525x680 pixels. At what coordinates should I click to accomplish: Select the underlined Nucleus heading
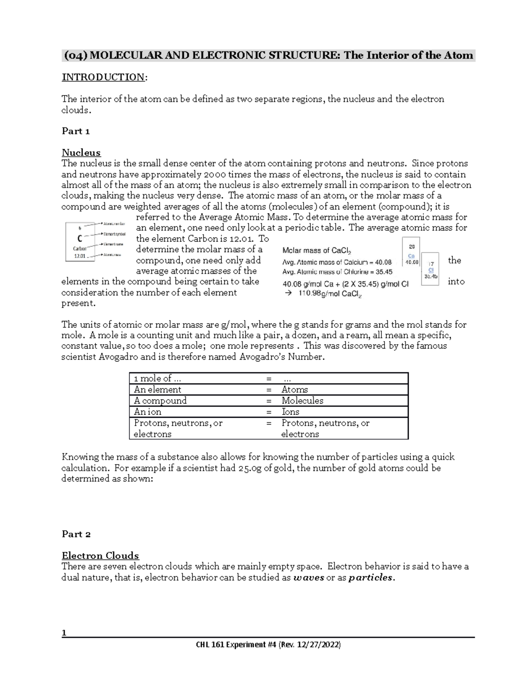pyautogui.click(x=81, y=153)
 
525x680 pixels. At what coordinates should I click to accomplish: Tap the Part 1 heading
pyautogui.click(x=76, y=131)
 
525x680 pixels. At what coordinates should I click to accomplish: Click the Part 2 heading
pyautogui.click(x=76, y=534)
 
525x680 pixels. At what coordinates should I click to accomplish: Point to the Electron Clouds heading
pyautogui.click(x=100, y=556)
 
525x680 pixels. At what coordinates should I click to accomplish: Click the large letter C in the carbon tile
pyautogui.click(x=79, y=239)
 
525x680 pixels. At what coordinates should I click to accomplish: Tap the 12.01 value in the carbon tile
pyautogui.click(x=80, y=256)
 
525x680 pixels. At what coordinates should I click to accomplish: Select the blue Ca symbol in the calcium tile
pyautogui.click(x=411, y=256)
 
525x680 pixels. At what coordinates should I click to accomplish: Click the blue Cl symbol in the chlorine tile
pyautogui.click(x=431, y=270)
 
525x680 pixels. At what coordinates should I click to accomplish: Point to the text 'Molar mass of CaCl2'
pyautogui.click(x=317, y=251)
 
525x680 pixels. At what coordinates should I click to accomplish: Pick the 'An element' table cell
pyautogui.click(x=157, y=390)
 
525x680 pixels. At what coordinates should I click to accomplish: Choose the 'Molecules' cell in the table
pyautogui.click(x=302, y=401)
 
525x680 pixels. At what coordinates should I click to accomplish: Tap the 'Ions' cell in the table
pyautogui.click(x=290, y=412)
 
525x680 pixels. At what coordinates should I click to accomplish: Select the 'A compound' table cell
pyautogui.click(x=160, y=401)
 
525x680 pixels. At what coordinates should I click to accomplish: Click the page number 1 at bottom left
pyautogui.click(x=64, y=632)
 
